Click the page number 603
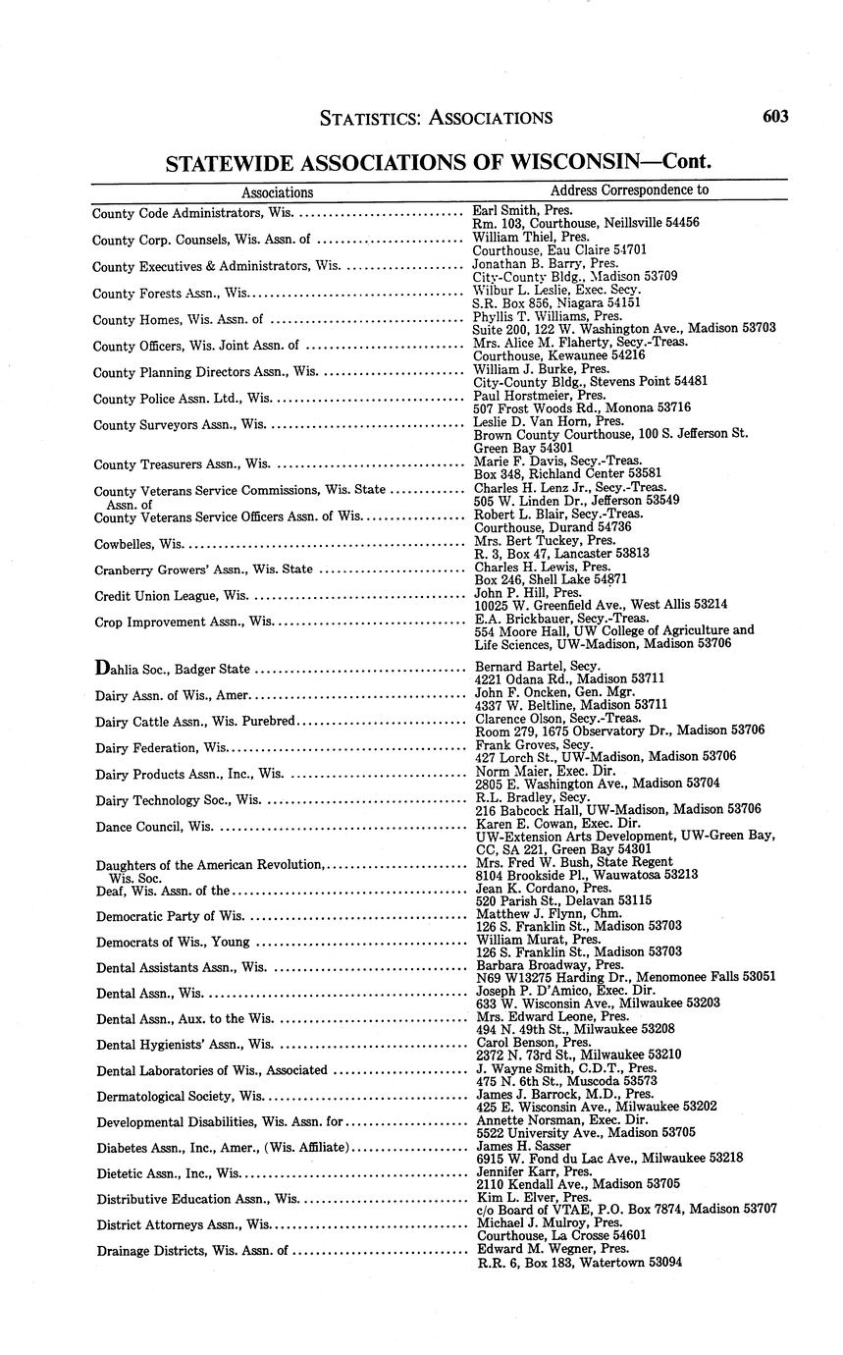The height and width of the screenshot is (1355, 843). click(x=774, y=116)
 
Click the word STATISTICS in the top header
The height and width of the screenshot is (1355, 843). click(x=370, y=118)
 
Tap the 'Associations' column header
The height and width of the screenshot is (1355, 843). click(x=278, y=192)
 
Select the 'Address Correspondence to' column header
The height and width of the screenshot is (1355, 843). click(x=629, y=190)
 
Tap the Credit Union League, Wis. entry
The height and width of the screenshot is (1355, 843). click(x=169, y=596)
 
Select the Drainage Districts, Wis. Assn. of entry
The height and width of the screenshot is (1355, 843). click(x=191, y=1251)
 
